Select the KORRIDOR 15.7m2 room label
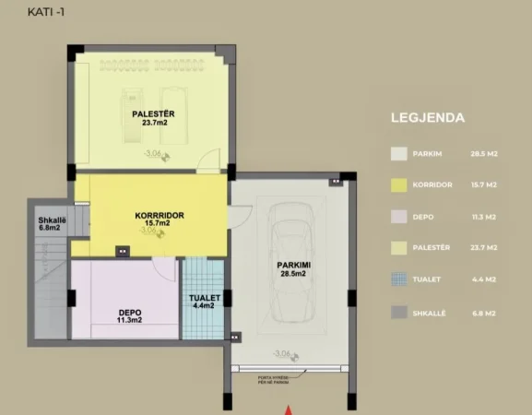tap(153, 220)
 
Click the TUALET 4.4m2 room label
tap(203, 302)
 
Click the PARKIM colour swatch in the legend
tap(398, 154)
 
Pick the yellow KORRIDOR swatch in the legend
tap(398, 185)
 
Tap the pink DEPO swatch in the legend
tap(398, 218)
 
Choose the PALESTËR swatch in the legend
tap(398, 249)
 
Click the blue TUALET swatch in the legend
tap(398, 280)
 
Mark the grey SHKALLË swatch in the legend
tap(398, 313)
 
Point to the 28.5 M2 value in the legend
tap(484, 154)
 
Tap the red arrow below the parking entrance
tap(290, 409)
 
